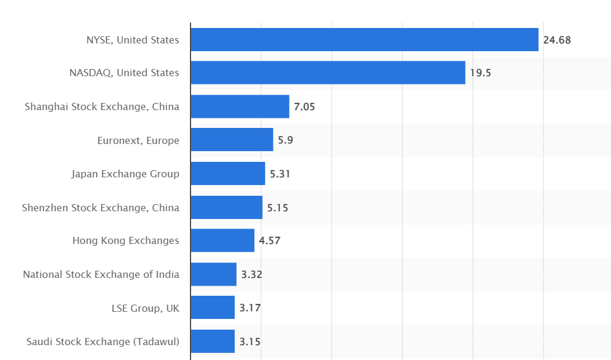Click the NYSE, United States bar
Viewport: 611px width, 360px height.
pyautogui.click(x=364, y=40)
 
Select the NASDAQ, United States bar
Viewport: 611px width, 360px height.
pyautogui.click(x=328, y=73)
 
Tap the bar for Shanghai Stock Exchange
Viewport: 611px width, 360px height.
pyautogui.click(x=240, y=107)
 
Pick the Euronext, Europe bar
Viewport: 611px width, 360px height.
pyautogui.click(x=232, y=139)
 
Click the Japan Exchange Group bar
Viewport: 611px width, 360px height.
pyautogui.click(x=228, y=173)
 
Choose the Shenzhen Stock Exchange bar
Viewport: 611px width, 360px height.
pyautogui.click(x=227, y=207)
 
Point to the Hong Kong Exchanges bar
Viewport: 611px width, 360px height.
pyautogui.click(x=223, y=240)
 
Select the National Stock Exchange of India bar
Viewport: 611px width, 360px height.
pyautogui.click(x=214, y=274)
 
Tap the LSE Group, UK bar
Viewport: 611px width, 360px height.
pyautogui.click(x=213, y=307)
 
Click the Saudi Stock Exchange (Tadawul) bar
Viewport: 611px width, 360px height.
pyautogui.click(x=213, y=341)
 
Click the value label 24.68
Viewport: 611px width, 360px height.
pyautogui.click(x=557, y=40)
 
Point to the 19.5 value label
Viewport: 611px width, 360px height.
pyautogui.click(x=481, y=73)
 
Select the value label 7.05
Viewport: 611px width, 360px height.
pyautogui.click(x=304, y=107)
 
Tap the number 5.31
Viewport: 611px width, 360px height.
pyautogui.click(x=280, y=174)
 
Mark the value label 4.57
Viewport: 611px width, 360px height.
pyautogui.click(x=270, y=240)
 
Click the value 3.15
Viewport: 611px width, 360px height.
pyautogui.click(x=250, y=342)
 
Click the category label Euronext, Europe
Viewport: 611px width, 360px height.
pyautogui.click(x=138, y=140)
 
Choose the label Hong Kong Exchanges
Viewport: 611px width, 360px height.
pyautogui.click(x=126, y=240)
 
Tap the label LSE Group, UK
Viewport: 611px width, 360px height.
pyautogui.click(x=145, y=308)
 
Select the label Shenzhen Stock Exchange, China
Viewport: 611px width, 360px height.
pyautogui.click(x=101, y=208)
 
